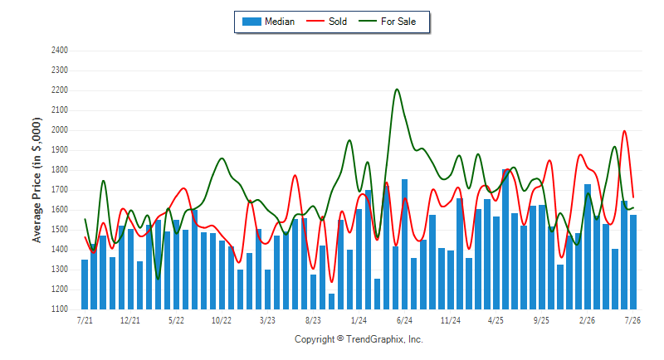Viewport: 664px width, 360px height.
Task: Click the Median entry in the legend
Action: [268, 22]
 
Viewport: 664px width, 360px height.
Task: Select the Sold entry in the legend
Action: [326, 22]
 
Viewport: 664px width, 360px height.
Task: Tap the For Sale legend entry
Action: [388, 22]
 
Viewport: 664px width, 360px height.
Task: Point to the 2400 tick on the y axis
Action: [60, 51]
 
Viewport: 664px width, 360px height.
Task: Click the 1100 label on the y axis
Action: [60, 309]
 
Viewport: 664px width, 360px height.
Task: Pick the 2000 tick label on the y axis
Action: [60, 130]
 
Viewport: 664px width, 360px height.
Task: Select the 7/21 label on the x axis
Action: [85, 320]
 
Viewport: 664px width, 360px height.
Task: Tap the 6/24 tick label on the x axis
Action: [404, 320]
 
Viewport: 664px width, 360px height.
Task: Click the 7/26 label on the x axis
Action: [632, 320]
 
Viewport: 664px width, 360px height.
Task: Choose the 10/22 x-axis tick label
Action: [222, 320]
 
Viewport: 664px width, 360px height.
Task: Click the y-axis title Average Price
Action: [37, 180]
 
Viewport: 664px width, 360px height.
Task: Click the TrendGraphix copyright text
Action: [359, 339]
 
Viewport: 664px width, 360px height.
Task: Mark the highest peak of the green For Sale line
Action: [397, 90]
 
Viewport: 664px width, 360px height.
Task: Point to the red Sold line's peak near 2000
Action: [624, 131]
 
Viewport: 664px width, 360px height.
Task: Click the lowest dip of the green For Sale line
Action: [158, 279]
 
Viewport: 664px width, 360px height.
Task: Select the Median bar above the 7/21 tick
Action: [85, 285]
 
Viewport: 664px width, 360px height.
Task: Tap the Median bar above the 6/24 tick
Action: [404, 245]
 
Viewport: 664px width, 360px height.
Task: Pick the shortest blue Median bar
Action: [331, 302]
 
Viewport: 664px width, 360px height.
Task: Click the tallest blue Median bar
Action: [505, 240]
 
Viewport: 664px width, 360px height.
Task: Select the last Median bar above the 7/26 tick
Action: [633, 262]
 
